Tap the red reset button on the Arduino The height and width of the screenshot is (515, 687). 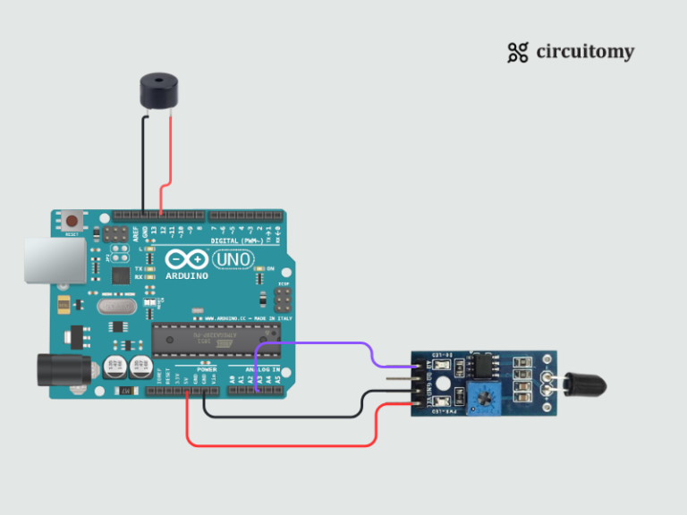(72, 218)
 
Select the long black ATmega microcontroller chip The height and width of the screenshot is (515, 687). (207, 339)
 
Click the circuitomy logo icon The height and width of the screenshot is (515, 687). (517, 53)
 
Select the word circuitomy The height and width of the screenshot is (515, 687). (585, 52)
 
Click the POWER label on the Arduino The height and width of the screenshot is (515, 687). (207, 368)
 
